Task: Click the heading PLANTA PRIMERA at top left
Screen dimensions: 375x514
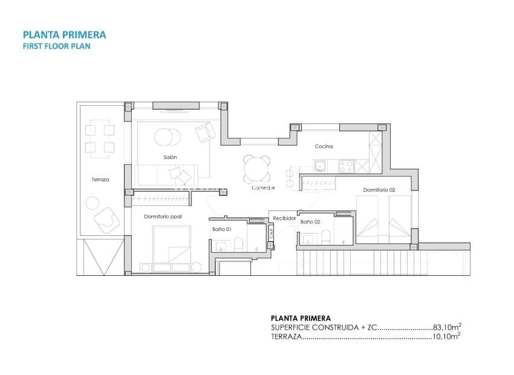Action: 64,34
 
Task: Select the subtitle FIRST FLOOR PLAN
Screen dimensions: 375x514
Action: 56,46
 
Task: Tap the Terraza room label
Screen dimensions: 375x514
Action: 100,180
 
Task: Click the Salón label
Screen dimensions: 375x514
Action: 170,157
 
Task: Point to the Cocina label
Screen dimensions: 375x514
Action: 324,146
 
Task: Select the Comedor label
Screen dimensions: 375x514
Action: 264,188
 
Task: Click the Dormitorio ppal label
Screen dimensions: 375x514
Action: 163,216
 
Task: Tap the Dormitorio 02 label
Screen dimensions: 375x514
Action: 379,190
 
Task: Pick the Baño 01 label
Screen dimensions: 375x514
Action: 222,229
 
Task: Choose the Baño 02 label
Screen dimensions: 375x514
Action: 310,222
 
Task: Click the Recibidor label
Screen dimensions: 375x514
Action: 284,218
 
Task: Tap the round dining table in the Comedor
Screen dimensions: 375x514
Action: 258,169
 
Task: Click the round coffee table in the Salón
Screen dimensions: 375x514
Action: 166,137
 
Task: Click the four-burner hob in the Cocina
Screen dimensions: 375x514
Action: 346,165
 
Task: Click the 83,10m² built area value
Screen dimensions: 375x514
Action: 448,327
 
